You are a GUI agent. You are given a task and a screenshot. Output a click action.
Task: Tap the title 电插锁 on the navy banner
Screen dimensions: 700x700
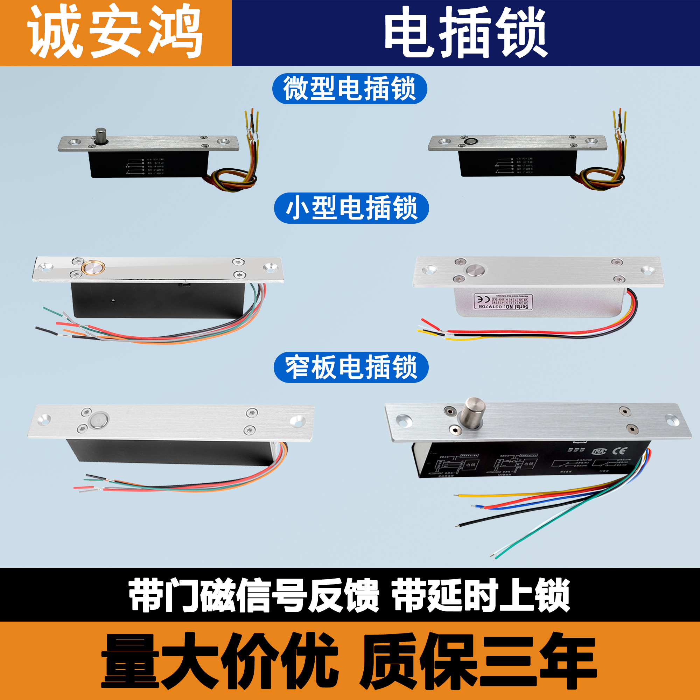[465, 33]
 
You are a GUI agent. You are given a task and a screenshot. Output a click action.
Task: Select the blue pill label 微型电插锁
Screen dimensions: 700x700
[350, 89]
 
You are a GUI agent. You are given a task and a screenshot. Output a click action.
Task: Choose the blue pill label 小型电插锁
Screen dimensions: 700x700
[351, 208]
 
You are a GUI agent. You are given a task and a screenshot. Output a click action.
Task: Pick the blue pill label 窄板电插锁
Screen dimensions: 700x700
[351, 367]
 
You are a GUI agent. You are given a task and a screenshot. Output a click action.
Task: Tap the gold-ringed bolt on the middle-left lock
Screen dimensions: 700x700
[93, 268]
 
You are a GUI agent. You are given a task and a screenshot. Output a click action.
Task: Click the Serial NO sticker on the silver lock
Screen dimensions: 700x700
[503, 302]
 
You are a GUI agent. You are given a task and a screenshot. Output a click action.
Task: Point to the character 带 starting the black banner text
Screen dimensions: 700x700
[146, 595]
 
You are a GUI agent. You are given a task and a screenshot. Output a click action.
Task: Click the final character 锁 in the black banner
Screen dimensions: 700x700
[552, 595]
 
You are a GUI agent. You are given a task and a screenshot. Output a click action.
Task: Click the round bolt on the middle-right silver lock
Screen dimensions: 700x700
[475, 270]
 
